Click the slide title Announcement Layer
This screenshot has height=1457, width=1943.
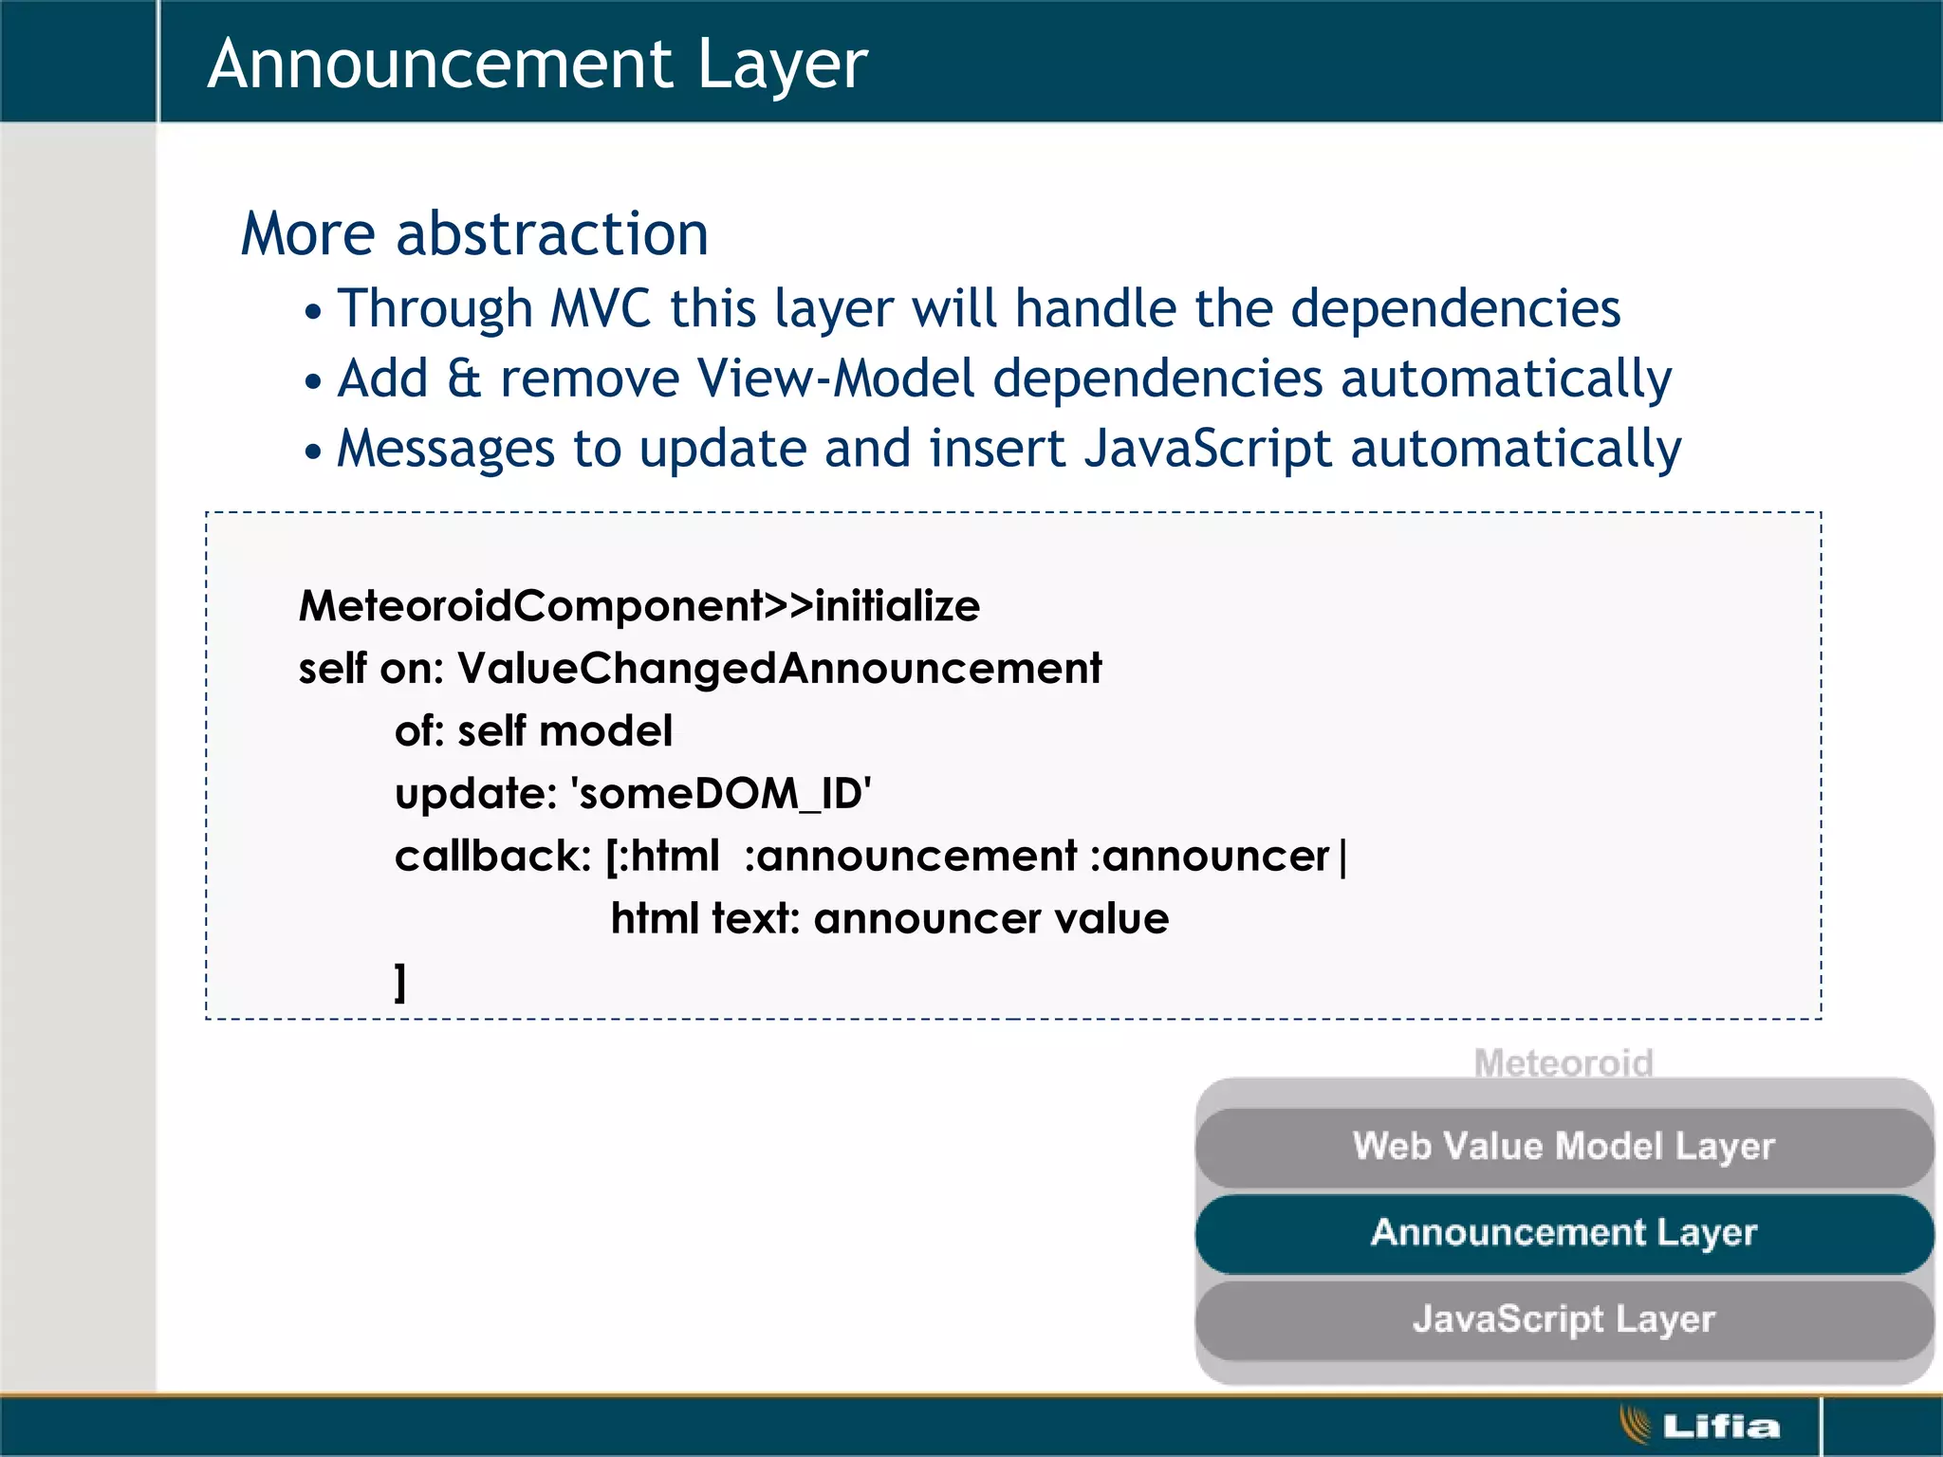537,65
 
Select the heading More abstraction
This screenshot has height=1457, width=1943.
474,233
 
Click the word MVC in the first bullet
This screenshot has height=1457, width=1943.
601,309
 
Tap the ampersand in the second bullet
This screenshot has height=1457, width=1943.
464,378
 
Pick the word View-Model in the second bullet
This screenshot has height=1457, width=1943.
835,378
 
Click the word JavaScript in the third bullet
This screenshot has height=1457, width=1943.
1207,449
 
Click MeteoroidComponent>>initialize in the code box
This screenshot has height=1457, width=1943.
638,606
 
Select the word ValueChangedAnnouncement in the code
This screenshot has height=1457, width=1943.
779,669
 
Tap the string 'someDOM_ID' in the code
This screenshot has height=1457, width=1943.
721,794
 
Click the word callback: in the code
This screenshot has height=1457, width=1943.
492,857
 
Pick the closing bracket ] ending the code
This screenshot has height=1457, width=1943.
400,982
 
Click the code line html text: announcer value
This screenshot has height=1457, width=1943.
889,919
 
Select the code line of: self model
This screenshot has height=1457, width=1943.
533,731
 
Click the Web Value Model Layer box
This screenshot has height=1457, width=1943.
1564,1147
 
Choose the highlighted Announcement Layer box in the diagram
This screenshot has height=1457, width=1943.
1564,1233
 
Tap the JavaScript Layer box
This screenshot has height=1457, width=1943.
1564,1319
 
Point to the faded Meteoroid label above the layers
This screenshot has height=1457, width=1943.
1564,1063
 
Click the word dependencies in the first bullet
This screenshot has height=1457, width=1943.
1455,309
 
